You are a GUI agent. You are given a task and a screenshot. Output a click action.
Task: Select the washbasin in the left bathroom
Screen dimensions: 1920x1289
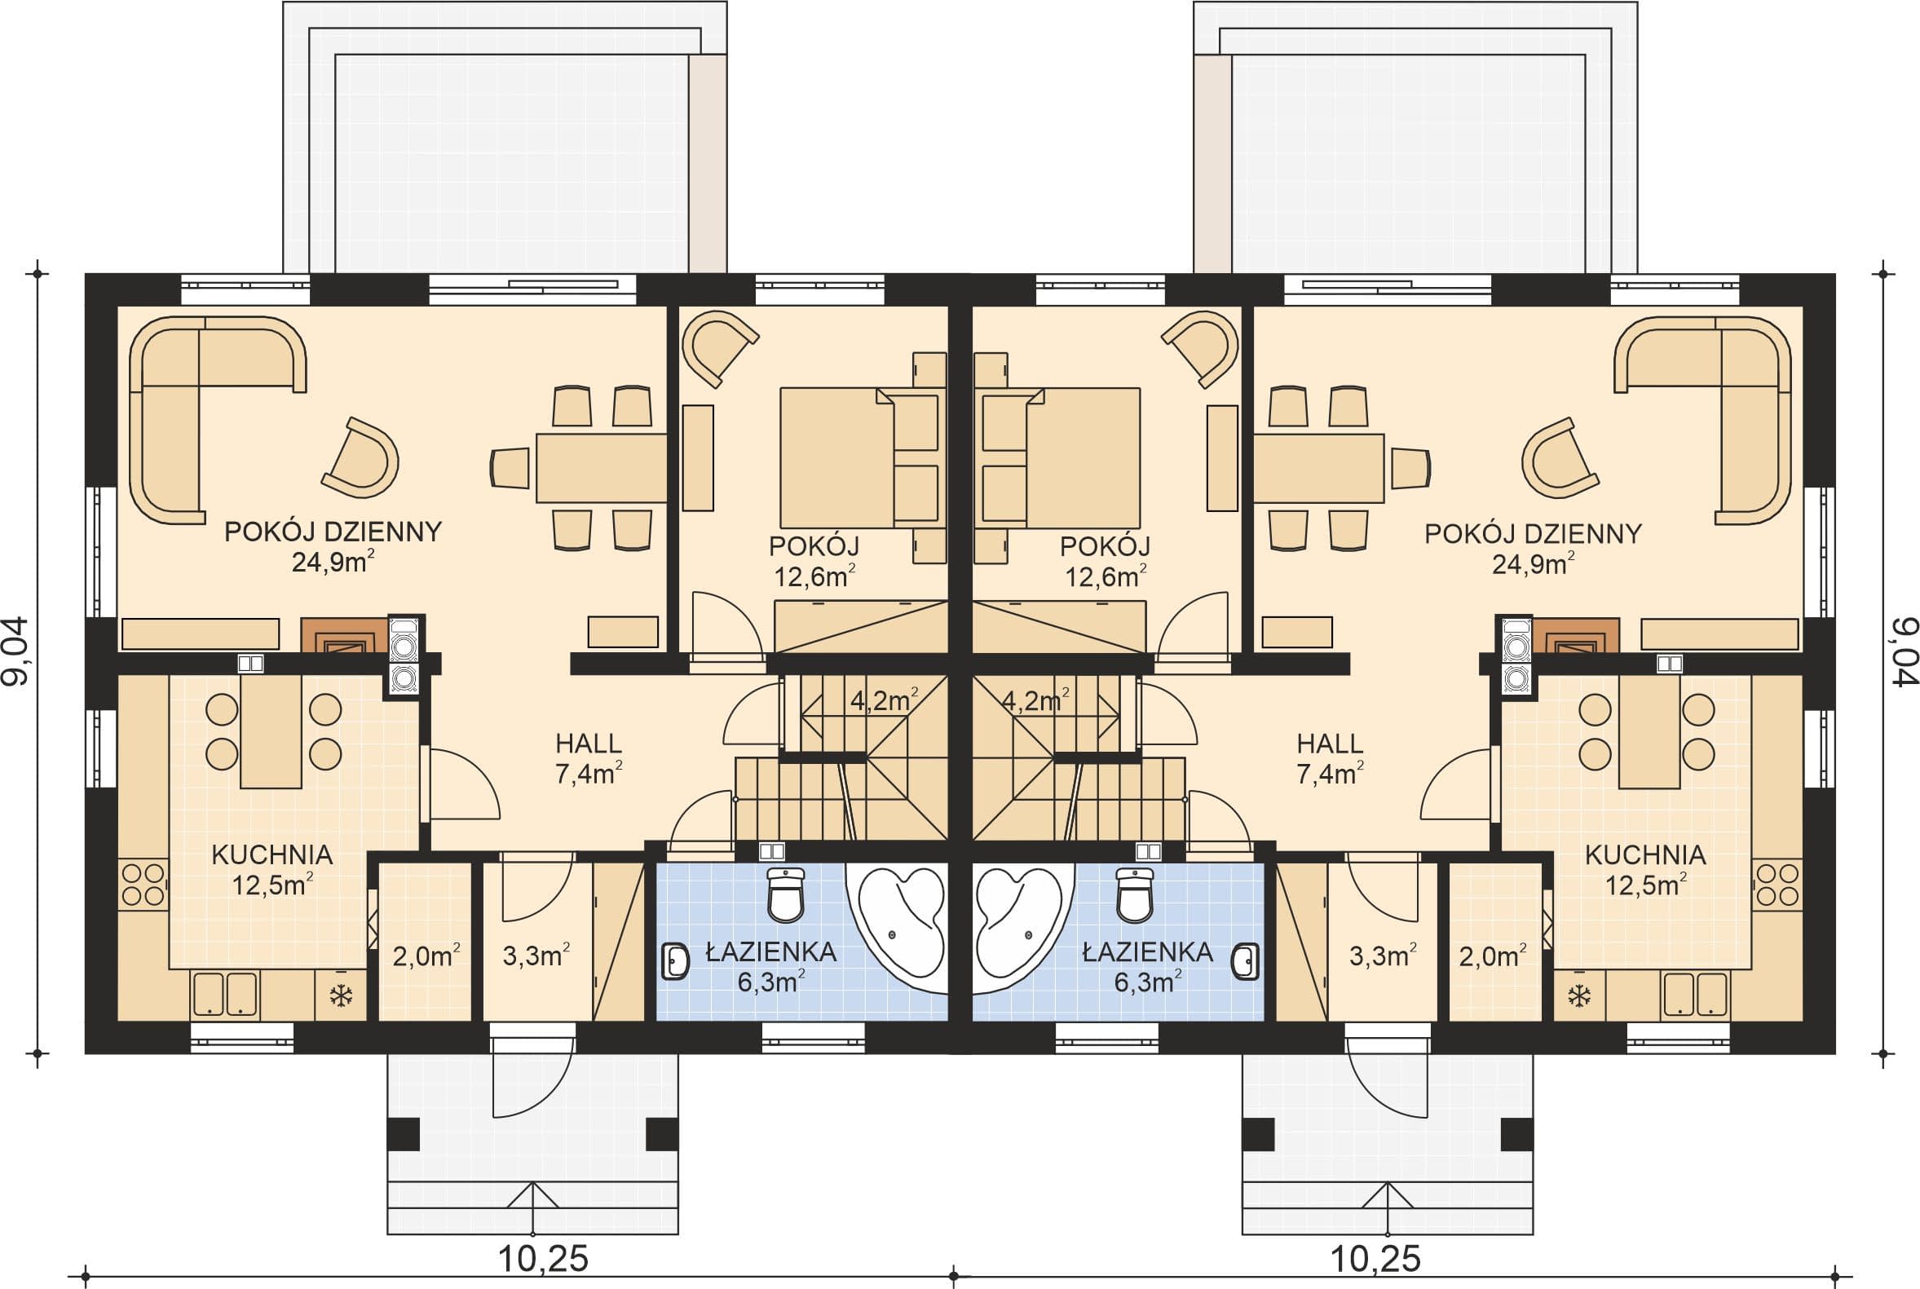point(676,961)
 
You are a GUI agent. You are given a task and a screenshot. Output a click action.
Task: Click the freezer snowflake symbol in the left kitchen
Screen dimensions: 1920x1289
point(339,995)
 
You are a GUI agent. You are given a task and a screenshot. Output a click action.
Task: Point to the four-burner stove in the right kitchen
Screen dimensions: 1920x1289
point(1777,885)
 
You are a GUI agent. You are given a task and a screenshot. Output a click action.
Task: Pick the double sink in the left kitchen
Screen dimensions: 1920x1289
point(224,994)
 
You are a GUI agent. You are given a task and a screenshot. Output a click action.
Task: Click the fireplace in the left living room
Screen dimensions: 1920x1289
point(343,634)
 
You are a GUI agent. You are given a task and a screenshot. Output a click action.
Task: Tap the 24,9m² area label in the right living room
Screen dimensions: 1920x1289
point(1533,565)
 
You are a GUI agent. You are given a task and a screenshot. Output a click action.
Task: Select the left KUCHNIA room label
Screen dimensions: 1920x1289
point(272,855)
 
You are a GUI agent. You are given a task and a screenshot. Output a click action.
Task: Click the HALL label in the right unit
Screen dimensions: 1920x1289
point(1330,744)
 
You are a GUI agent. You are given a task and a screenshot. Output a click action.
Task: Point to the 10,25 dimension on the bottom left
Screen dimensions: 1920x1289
point(543,1259)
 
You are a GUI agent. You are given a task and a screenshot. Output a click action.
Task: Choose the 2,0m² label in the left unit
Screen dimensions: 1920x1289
point(426,956)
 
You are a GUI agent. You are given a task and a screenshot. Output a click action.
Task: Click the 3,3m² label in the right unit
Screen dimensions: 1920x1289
point(1383,956)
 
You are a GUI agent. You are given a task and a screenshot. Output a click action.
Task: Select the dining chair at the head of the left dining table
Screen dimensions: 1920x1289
point(510,469)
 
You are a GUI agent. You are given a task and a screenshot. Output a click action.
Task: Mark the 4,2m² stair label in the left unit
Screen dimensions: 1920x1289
point(884,700)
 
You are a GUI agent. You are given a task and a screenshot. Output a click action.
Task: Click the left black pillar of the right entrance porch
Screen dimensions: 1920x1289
point(1257,1134)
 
